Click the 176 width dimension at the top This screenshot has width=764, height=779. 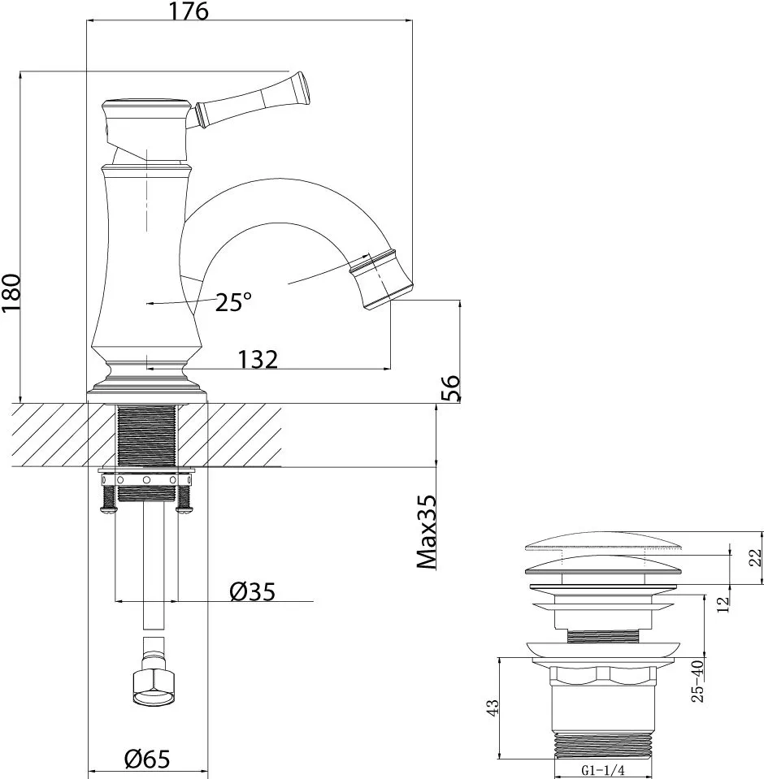tap(189, 11)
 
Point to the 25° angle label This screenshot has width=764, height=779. tap(233, 302)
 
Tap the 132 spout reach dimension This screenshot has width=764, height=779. tap(258, 358)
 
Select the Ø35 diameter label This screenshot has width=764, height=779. tap(253, 592)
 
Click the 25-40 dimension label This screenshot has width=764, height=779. tap(697, 681)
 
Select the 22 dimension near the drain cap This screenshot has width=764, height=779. tap(755, 558)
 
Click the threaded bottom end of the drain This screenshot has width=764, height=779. tap(605, 745)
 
